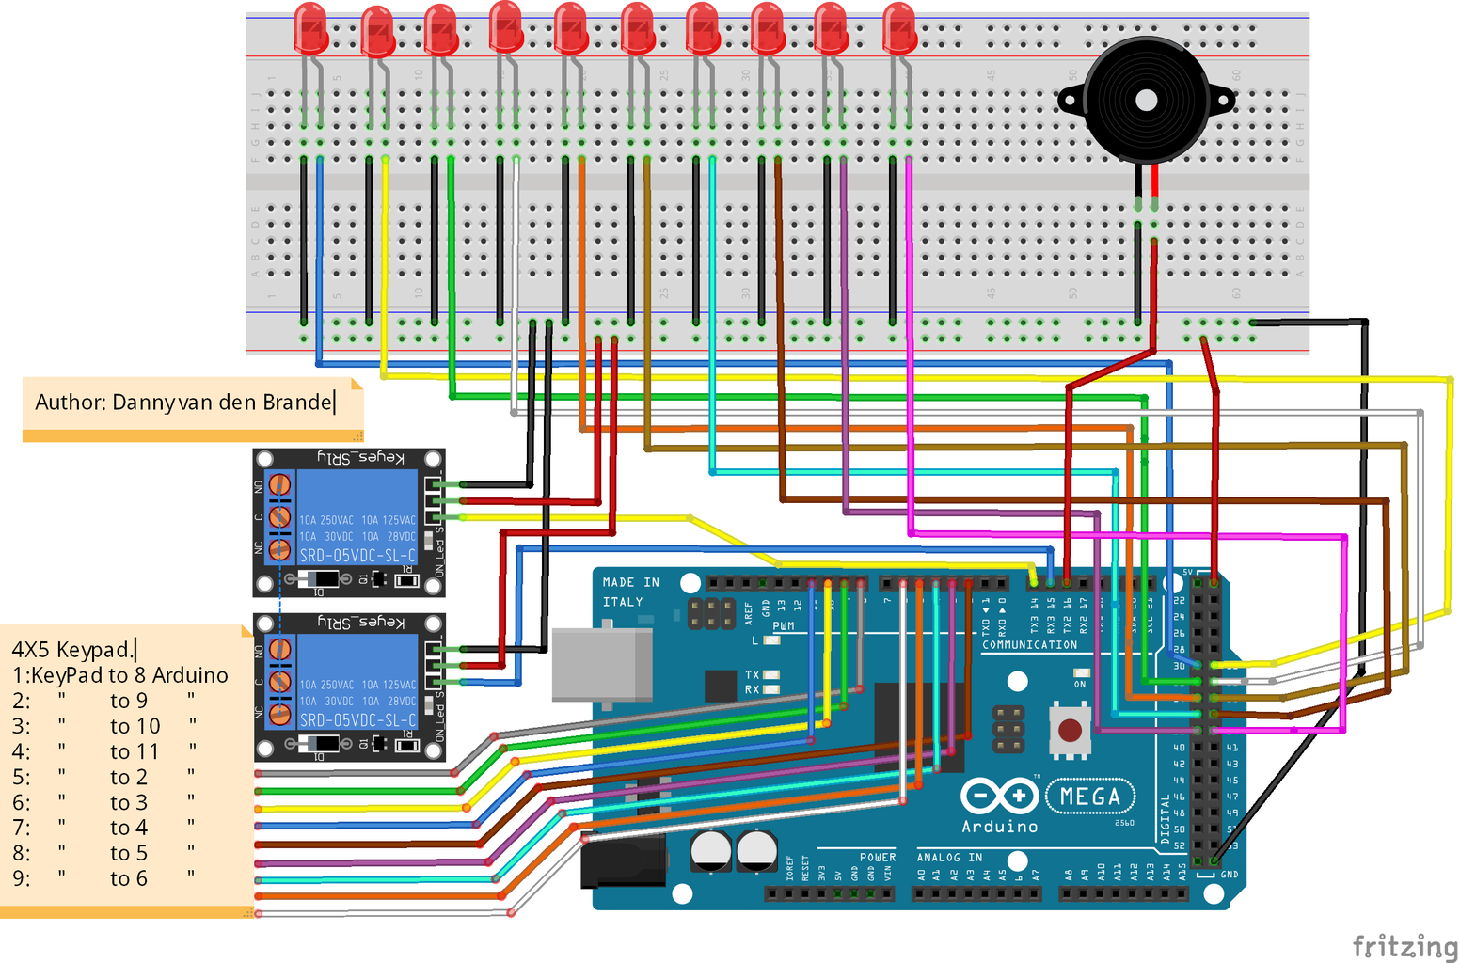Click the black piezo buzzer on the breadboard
[1145, 101]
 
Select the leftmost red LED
[310, 27]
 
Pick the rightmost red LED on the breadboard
[899, 27]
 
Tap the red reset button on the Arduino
[1070, 730]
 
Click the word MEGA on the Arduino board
[1090, 797]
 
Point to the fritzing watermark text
[1404, 945]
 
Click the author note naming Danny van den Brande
[184, 403]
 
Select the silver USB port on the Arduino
[602, 665]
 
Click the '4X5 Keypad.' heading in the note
[72, 650]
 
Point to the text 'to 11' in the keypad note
[134, 751]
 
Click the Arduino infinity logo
[998, 797]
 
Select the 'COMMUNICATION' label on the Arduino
[1029, 645]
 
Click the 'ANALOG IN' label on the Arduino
[949, 857]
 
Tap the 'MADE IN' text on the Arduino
[630, 583]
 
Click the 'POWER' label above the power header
[877, 857]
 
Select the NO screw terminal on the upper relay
[279, 485]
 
